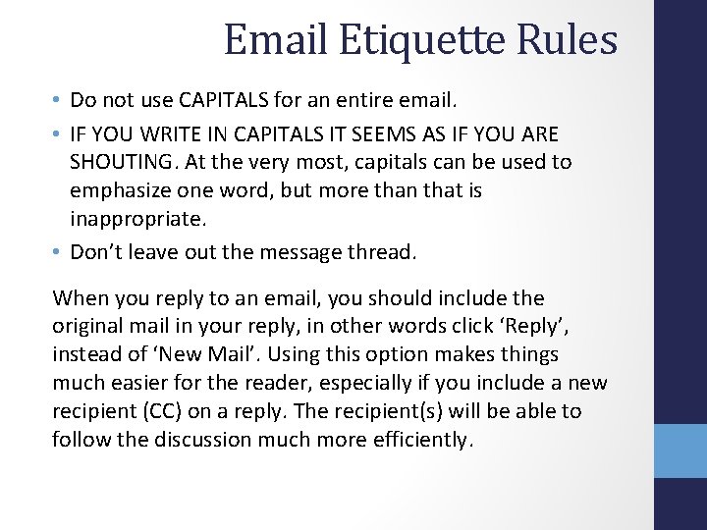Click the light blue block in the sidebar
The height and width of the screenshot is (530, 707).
(680, 450)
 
